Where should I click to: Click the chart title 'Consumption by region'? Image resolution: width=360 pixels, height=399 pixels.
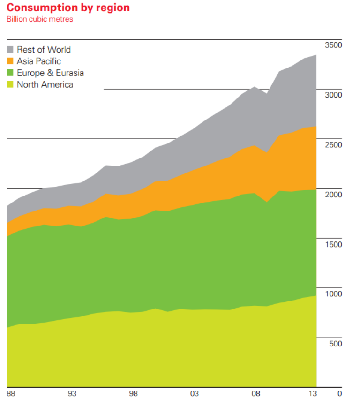[68, 8]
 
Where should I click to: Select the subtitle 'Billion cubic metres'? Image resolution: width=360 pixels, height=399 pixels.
[39, 19]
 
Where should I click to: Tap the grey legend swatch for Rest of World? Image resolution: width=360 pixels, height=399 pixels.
[11, 49]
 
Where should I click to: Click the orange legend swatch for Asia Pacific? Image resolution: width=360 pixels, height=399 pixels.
[11, 61]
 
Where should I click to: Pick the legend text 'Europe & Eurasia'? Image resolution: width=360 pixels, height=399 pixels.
[50, 73]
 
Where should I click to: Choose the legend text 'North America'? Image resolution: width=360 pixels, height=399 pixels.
[45, 84]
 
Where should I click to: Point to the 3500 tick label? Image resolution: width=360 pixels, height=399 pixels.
[333, 45]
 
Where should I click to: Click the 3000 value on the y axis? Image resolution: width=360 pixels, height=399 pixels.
[333, 95]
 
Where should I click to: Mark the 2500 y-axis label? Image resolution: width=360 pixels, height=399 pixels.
[333, 144]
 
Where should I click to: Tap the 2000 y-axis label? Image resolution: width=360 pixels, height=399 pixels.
[333, 194]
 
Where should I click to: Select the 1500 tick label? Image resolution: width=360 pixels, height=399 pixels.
[333, 244]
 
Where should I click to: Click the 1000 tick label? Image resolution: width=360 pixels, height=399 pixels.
[333, 294]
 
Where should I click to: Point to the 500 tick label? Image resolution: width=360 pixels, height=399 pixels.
[335, 343]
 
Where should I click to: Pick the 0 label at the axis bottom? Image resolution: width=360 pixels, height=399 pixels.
[339, 393]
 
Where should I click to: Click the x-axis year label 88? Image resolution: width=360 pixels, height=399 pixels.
[11, 393]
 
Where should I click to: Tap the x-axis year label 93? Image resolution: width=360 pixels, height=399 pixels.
[72, 393]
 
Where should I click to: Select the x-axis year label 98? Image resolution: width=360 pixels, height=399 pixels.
[133, 393]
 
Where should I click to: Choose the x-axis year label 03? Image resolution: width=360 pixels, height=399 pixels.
[195, 393]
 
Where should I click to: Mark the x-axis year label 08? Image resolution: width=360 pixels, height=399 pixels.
[255, 393]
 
